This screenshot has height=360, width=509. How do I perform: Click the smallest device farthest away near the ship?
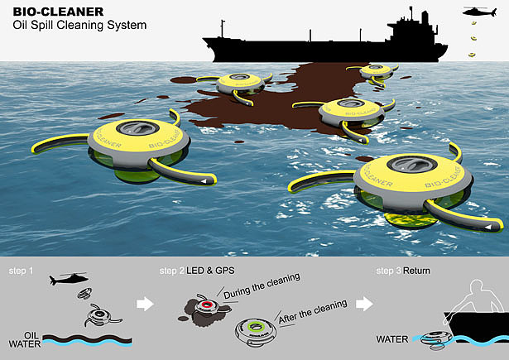pos(377,71)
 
